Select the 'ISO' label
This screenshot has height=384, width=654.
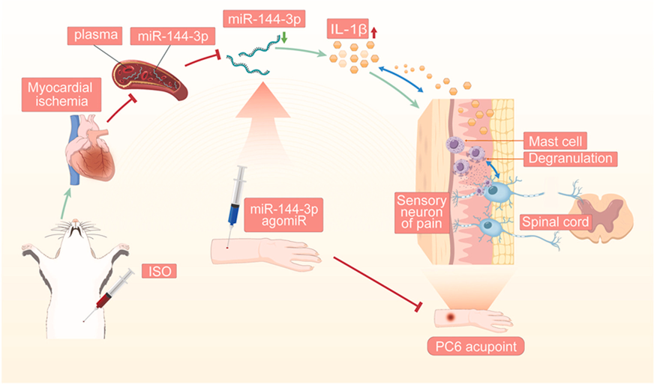[x=158, y=270]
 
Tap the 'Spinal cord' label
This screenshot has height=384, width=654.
[x=553, y=223]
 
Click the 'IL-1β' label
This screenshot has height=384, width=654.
[x=346, y=30]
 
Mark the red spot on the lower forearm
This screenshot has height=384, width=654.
[x=451, y=317]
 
